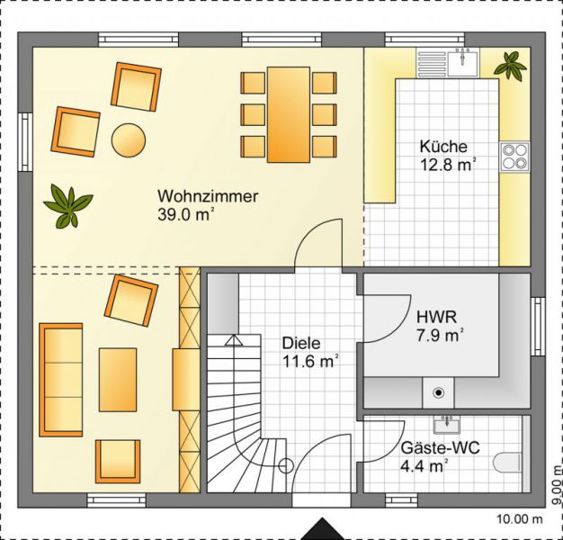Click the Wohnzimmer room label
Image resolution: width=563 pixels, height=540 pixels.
pyautogui.click(x=208, y=196)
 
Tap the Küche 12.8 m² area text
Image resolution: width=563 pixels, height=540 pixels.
pyautogui.click(x=447, y=156)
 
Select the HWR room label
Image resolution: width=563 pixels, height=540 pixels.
pyautogui.click(x=436, y=317)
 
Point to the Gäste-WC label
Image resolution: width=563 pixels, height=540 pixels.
pyautogui.click(x=440, y=448)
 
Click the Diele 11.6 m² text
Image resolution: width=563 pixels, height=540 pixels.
pyautogui.click(x=310, y=353)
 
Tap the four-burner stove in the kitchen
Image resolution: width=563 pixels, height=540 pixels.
pyautogui.click(x=515, y=156)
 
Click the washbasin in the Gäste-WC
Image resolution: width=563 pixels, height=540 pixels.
pyautogui.click(x=446, y=424)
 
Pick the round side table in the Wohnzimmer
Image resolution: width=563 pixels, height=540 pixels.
pyautogui.click(x=129, y=140)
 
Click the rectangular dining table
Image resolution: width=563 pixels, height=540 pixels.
pyautogui.click(x=289, y=114)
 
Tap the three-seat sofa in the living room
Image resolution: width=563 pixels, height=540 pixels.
pyautogui.click(x=60, y=380)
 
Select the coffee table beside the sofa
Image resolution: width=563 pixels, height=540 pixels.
pyautogui.click(x=118, y=380)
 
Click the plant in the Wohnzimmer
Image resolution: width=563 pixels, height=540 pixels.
pyautogui.click(x=67, y=206)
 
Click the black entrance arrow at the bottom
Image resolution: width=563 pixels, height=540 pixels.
pyautogui.click(x=323, y=529)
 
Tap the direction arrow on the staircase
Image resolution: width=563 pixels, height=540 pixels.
pyautogui.click(x=234, y=340)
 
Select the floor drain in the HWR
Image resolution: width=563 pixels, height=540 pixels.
pyautogui.click(x=438, y=392)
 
